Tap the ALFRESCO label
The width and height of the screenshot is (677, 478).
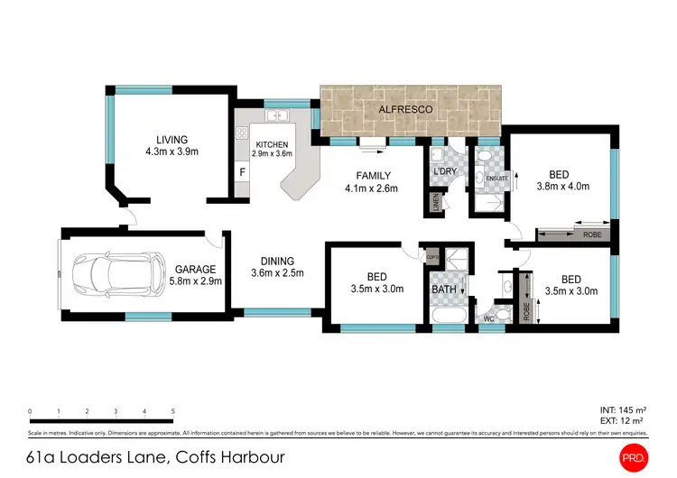405,109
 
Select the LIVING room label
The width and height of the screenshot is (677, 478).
172,140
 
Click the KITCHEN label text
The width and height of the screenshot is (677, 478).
272,144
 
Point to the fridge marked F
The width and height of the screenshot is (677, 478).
242,171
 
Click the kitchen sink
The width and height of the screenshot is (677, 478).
277,115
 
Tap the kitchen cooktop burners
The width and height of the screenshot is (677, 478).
242,133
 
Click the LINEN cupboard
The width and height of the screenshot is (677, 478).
436,204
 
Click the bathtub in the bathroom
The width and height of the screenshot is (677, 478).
448,317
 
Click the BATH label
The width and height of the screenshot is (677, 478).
443,290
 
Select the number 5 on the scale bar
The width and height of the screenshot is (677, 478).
172,410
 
